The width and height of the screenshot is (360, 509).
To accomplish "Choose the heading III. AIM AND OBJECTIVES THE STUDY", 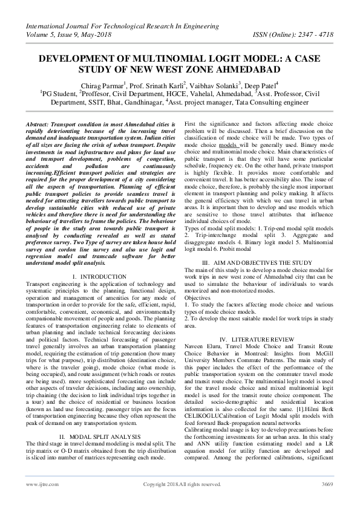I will tap(258, 262).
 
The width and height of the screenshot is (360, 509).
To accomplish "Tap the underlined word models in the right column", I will tap(227, 145).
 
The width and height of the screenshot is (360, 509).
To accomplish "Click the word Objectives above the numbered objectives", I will tap(197, 298).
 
